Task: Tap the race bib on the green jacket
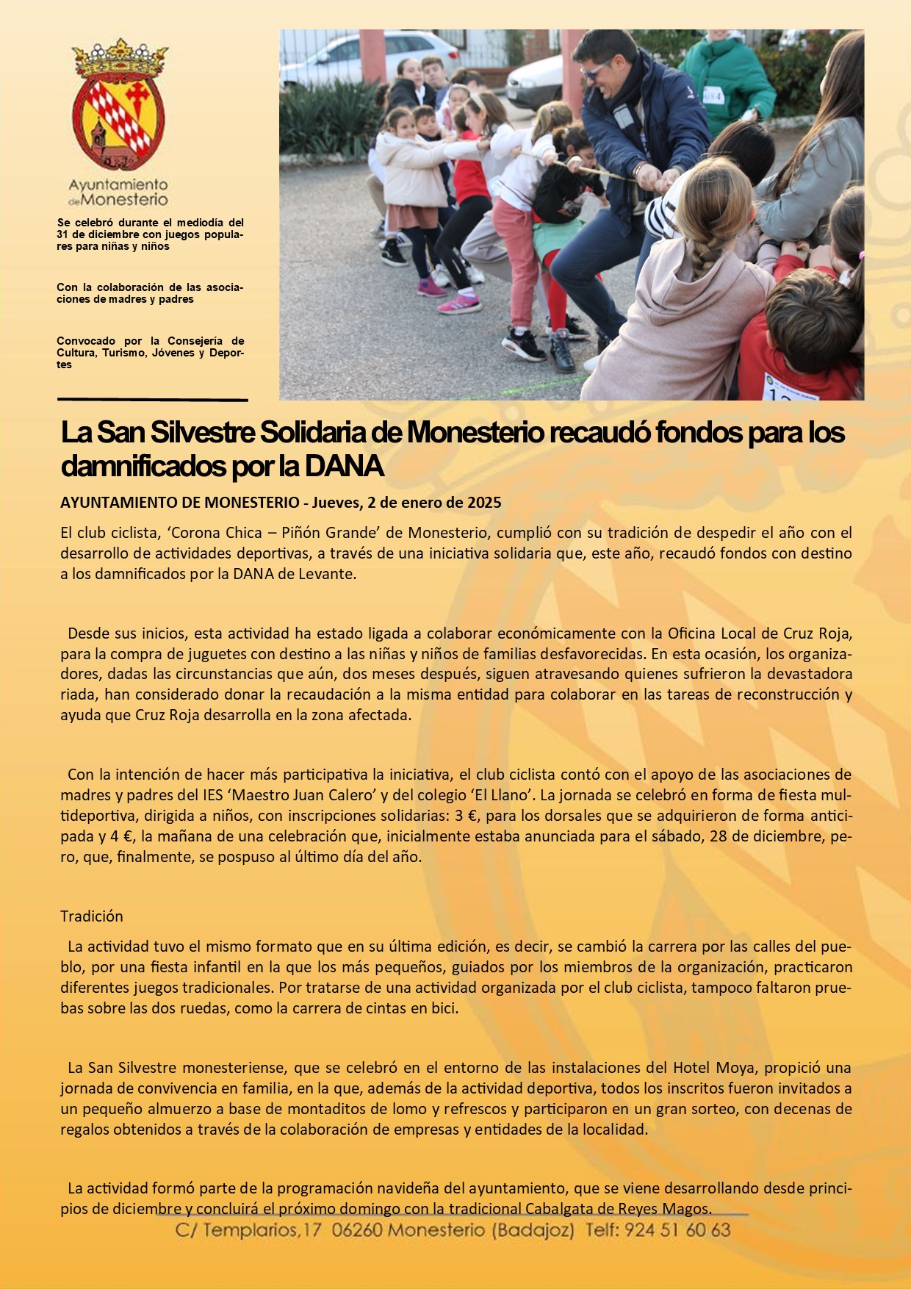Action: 713,95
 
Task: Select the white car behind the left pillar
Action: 367,54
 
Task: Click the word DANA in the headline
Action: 344,466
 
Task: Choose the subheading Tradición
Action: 92,916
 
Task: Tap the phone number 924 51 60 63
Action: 677,1229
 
